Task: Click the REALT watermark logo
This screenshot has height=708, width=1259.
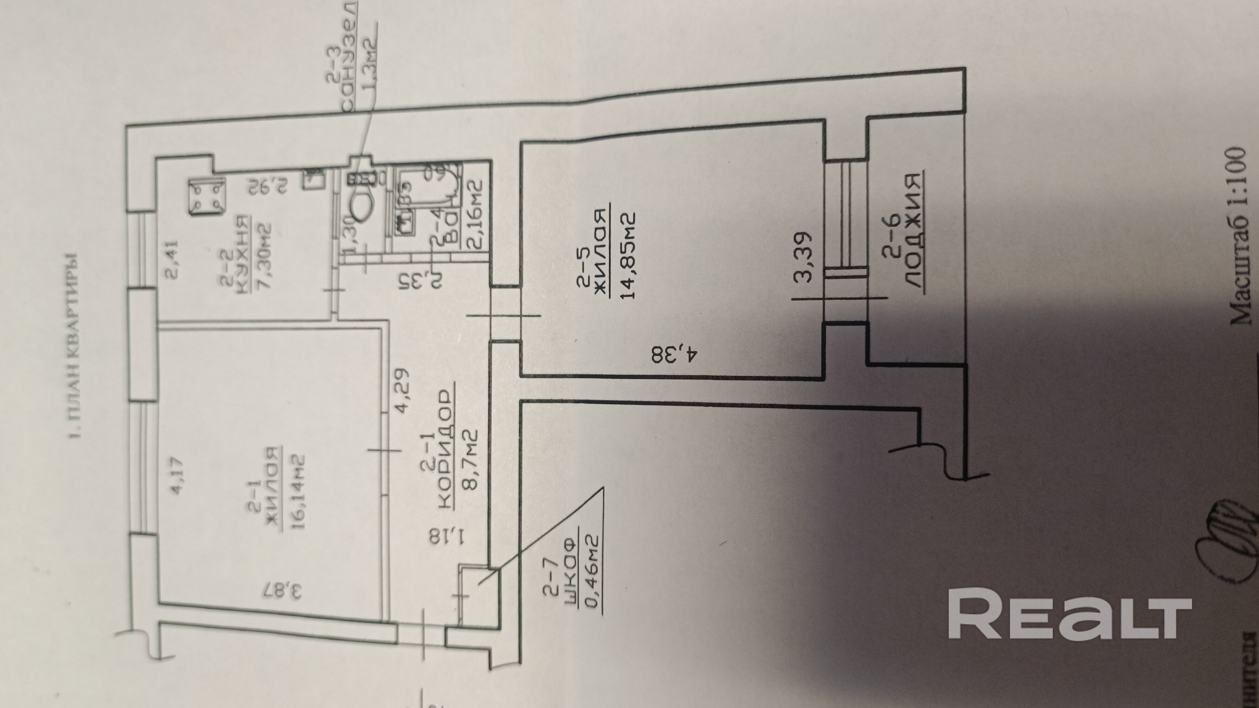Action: click(x=1069, y=606)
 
